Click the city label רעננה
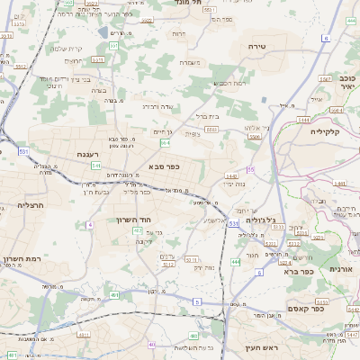pos(86,154)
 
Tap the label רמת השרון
pos(24,258)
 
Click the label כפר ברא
pos(297,271)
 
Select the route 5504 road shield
pos(210,130)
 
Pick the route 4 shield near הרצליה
pos(90,224)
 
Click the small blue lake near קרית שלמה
pos(113,45)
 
